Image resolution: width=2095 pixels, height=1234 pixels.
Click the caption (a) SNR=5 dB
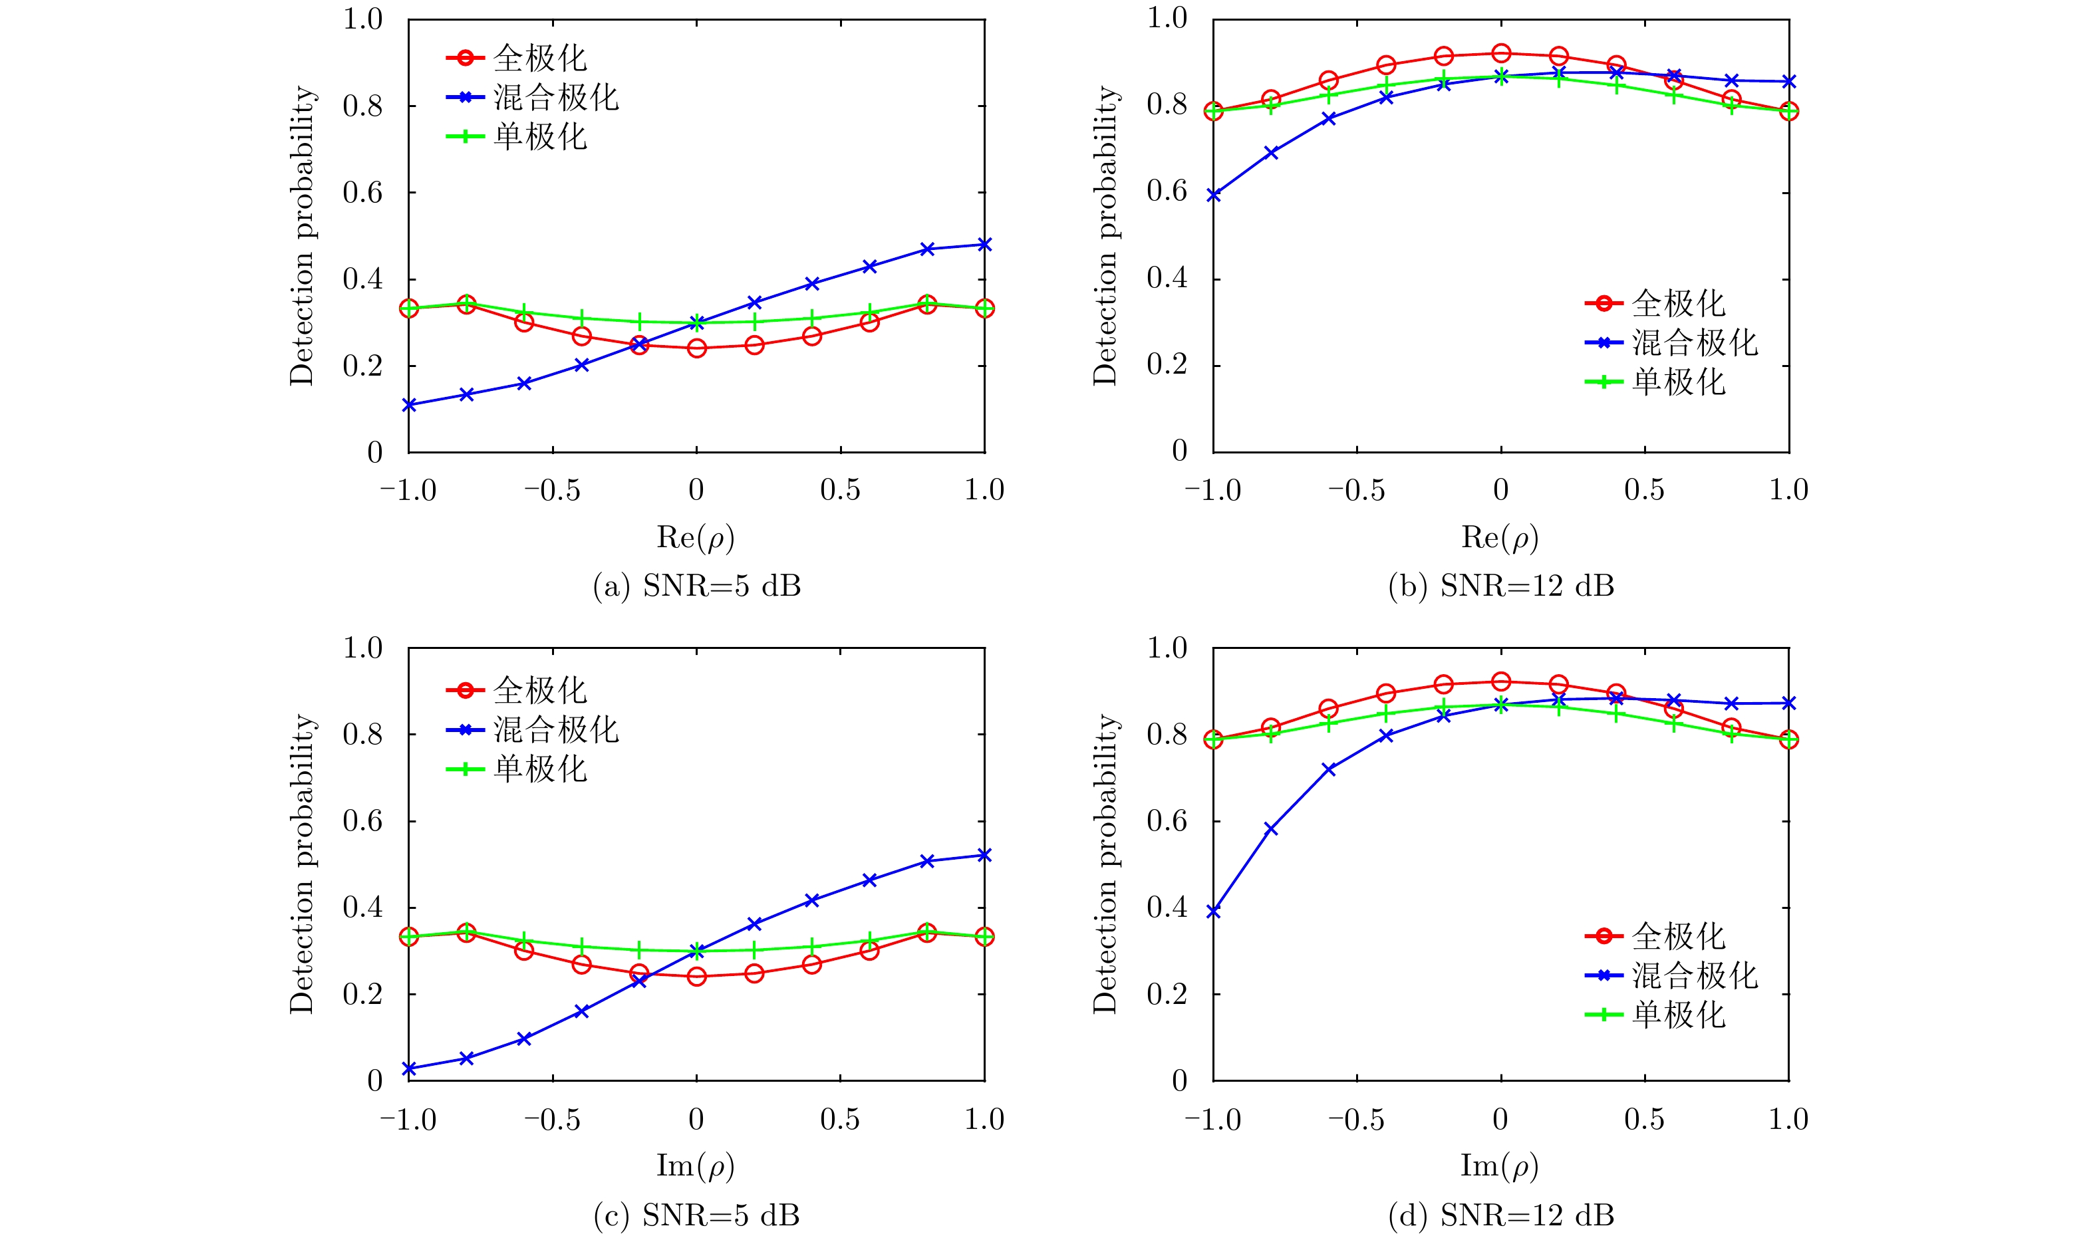click(696, 586)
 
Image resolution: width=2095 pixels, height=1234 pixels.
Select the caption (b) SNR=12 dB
click(1500, 586)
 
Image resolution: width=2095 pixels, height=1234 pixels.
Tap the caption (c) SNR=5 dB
click(696, 1215)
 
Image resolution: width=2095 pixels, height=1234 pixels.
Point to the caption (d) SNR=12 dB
click(1500, 1215)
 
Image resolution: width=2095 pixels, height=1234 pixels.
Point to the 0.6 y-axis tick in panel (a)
click(362, 193)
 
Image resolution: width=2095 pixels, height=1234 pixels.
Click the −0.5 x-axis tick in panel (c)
click(552, 1119)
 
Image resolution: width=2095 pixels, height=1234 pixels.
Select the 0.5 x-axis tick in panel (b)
click(1644, 490)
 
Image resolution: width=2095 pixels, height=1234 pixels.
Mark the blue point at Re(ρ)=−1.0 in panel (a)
click(409, 405)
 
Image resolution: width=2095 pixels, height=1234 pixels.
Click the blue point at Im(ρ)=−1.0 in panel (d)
click(1213, 912)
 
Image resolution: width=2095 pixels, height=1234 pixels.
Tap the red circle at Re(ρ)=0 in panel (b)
click(1501, 53)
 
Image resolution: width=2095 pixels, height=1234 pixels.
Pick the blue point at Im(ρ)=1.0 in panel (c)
click(985, 855)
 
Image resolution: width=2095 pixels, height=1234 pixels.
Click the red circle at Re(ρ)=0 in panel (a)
click(697, 348)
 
